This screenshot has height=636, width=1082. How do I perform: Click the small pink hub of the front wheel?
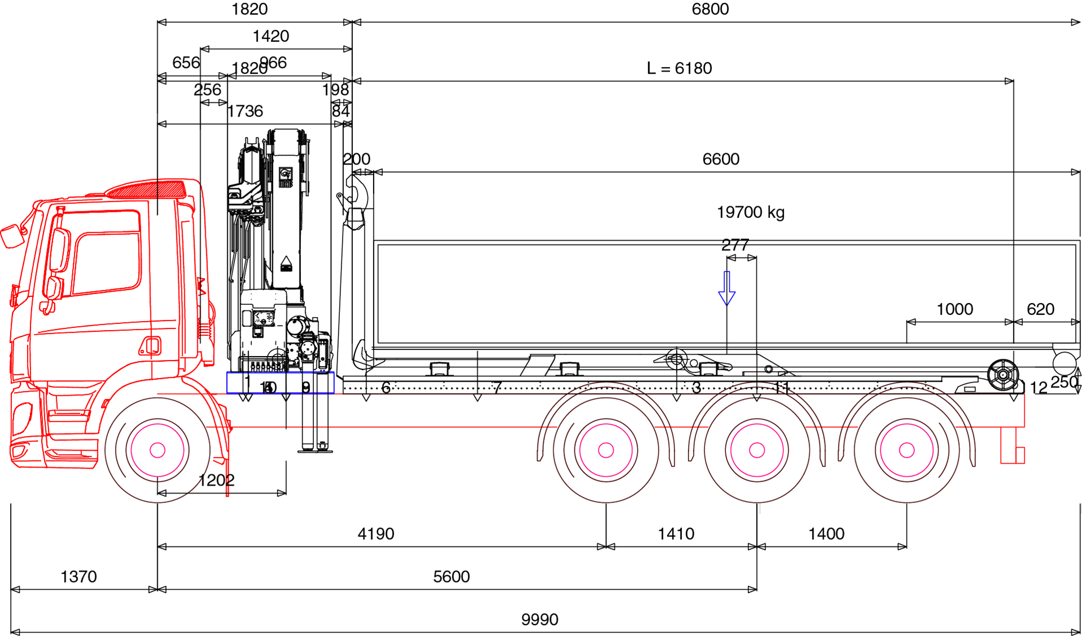158,450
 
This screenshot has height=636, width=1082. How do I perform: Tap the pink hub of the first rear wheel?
606,450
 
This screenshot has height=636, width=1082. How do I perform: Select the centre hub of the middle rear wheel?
757,450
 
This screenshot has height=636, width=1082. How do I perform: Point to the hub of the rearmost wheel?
907,450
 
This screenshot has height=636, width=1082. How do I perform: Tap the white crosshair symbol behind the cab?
277,359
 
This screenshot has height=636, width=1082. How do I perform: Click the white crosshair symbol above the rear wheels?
677,359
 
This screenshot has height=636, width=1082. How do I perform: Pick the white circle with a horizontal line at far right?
1065,364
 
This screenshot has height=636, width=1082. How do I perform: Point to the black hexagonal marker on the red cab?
159,211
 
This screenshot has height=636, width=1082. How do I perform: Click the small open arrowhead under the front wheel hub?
162,493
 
